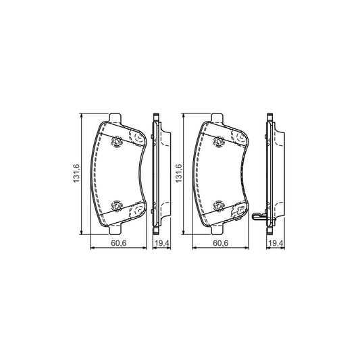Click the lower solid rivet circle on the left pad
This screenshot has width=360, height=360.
116,205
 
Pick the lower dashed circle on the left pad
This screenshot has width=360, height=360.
138,211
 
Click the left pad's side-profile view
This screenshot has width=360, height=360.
160,175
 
